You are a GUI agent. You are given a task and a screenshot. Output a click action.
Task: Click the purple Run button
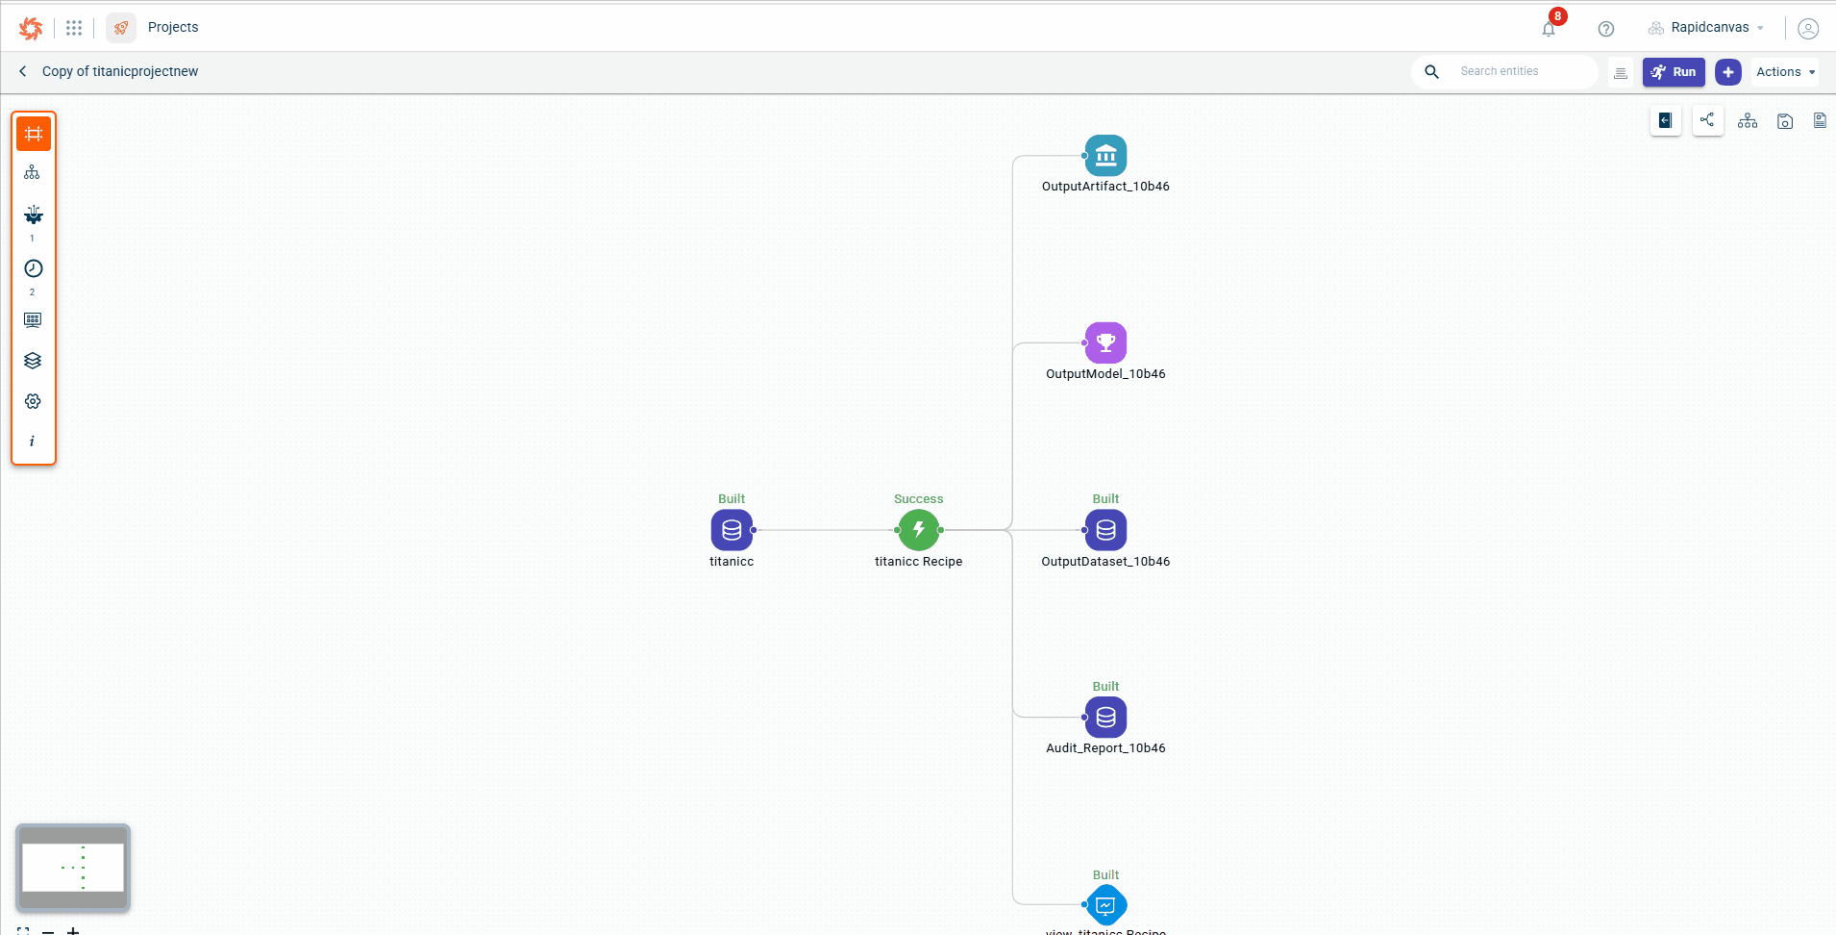click(x=1674, y=72)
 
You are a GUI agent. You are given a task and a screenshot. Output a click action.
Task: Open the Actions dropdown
click(x=1785, y=72)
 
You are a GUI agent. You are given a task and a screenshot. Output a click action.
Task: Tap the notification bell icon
click(x=1549, y=29)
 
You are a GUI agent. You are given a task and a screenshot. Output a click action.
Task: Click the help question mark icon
click(x=1605, y=29)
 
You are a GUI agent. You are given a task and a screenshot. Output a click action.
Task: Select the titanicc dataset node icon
click(x=732, y=530)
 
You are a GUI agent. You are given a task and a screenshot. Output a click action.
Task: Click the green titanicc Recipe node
click(x=919, y=530)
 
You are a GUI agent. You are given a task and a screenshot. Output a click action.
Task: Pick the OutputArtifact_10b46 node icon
click(x=1105, y=156)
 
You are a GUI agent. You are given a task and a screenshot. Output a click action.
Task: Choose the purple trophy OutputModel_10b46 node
click(x=1105, y=343)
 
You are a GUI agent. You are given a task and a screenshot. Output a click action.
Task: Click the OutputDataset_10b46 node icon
click(x=1105, y=530)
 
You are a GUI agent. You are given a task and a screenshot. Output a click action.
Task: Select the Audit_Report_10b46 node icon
click(x=1105, y=718)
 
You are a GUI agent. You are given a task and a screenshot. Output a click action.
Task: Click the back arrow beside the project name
click(x=23, y=71)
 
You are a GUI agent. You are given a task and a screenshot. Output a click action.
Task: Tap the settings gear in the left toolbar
click(x=33, y=401)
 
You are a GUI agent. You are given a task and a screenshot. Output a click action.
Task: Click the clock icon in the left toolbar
click(x=33, y=268)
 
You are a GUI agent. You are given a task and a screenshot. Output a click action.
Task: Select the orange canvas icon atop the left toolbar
click(x=34, y=134)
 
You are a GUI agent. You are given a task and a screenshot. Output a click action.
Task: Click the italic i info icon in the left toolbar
click(x=33, y=442)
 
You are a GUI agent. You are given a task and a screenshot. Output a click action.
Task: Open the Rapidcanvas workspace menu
click(x=1707, y=28)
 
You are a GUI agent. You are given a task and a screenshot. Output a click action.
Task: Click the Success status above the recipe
click(x=918, y=499)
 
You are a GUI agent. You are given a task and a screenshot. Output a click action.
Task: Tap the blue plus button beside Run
click(x=1727, y=72)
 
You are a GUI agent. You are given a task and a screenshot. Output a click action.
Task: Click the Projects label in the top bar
click(x=173, y=27)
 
